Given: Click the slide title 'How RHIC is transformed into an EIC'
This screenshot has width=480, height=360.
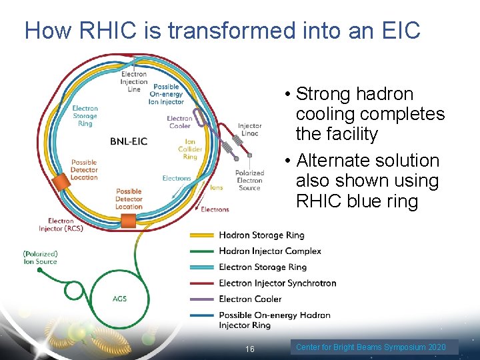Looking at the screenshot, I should coord(222,31).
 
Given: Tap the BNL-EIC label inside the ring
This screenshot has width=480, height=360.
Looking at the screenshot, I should coord(129,141).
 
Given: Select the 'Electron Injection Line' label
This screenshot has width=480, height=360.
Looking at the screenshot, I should coord(134,82).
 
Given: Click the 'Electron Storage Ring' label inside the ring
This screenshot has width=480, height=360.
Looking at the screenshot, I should coord(85,115).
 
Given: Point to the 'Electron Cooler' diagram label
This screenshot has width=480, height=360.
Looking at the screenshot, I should coord(179,122).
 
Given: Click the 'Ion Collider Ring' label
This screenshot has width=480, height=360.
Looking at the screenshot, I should coord(190,149).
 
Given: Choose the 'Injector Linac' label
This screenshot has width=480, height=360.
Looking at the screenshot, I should coord(250,129).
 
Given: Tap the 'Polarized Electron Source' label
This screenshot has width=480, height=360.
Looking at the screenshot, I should coord(249,180).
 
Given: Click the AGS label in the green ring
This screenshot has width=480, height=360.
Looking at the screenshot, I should coord(119,299).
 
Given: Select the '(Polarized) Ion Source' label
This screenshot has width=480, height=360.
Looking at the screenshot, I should coord(40,257).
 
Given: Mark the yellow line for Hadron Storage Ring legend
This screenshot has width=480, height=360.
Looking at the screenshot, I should coord(202,235).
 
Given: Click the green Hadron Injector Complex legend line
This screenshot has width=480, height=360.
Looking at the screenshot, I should coord(202,251).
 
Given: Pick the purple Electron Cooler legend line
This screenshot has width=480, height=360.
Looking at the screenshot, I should coord(202,299).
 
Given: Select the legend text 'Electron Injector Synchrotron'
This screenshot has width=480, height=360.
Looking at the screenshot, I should coord(277,283).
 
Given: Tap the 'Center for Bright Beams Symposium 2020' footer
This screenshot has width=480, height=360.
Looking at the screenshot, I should coord(371,347).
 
